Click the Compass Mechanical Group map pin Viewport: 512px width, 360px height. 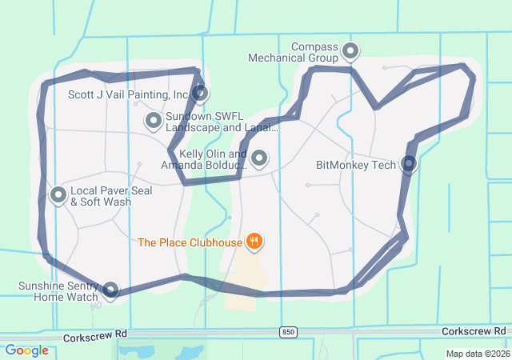pyautogui.click(x=350, y=52)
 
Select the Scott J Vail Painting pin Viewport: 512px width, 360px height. pyautogui.click(x=200, y=94)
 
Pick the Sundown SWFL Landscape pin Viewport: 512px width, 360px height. pyautogui.click(x=154, y=121)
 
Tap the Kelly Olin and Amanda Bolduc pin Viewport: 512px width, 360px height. pyautogui.click(x=259, y=158)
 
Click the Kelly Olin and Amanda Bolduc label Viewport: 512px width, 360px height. pyautogui.click(x=203, y=159)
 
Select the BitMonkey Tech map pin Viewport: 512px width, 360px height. pyautogui.click(x=409, y=165)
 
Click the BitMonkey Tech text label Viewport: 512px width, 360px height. pyautogui.click(x=356, y=166)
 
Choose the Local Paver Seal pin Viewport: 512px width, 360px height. pyautogui.click(x=58, y=194)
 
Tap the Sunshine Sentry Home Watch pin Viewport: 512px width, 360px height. pyautogui.click(x=110, y=290)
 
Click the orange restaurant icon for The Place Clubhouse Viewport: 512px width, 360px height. pyautogui.click(x=254, y=240)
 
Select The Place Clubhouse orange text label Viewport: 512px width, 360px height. pyautogui.click(x=190, y=242)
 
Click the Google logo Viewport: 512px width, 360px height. pyautogui.click(x=27, y=350)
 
